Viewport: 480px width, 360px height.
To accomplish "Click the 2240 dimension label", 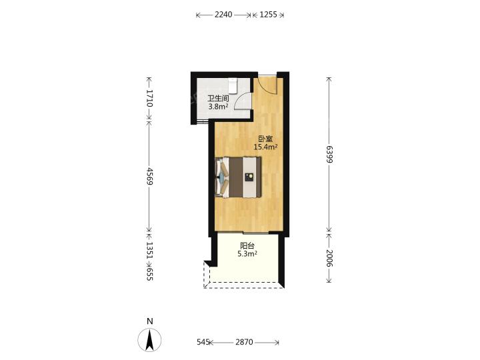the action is (223, 15).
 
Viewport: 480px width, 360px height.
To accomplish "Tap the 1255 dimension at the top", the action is (268, 15).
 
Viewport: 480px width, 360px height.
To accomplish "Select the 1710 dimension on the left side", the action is (149, 98).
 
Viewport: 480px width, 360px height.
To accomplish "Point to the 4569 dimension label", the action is (149, 176).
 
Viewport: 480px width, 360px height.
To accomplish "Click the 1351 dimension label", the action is (149, 250).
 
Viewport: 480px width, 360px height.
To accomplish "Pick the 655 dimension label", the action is (149, 274).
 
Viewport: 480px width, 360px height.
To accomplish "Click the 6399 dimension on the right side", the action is (329, 155).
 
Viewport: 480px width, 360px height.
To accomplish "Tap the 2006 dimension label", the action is (329, 258).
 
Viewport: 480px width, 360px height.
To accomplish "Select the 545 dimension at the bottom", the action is (203, 342).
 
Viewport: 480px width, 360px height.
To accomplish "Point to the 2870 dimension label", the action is (244, 342).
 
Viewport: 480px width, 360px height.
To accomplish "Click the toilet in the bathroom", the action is (233, 85).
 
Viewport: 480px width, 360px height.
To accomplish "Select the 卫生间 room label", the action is (218, 99).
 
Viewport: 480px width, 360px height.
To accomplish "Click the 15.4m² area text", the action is (266, 147).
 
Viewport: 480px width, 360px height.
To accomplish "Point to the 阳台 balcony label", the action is (247, 245).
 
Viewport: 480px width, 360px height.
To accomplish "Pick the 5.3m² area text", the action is (247, 253).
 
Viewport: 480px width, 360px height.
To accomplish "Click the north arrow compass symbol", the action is (149, 339).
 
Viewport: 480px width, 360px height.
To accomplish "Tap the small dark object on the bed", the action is (249, 177).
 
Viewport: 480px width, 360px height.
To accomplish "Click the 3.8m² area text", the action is (218, 107).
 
